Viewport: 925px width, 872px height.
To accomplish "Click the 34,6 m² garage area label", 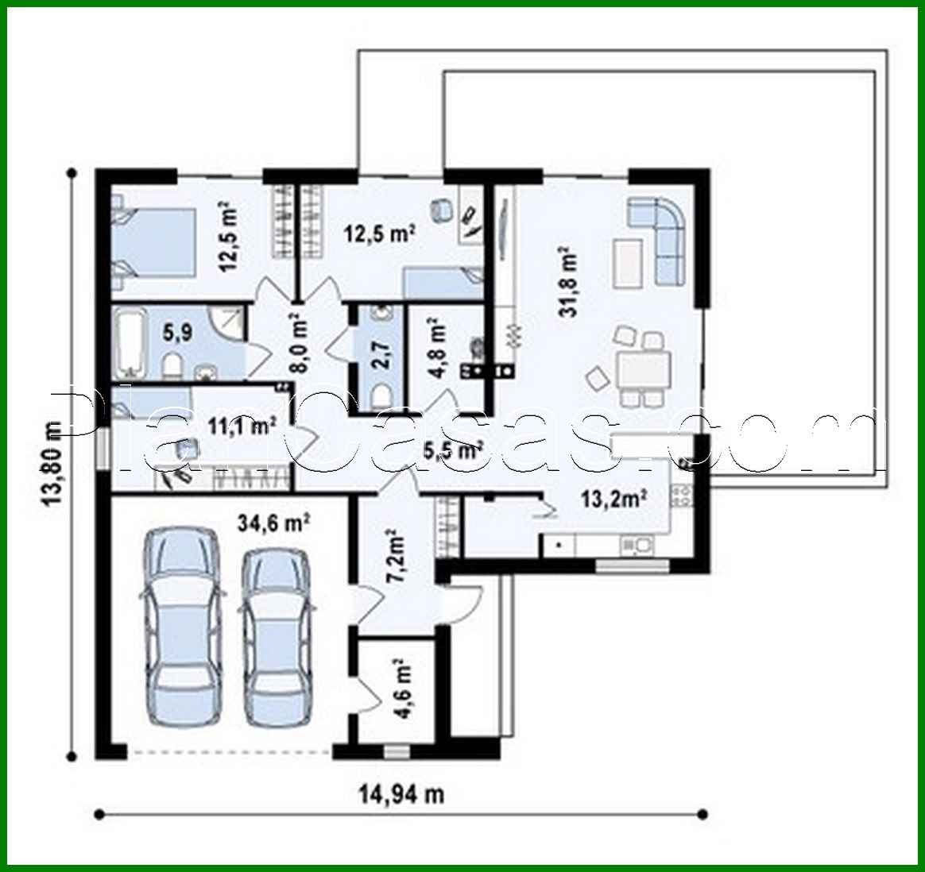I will tap(273, 523).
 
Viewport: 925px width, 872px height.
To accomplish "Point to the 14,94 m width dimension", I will tap(400, 793).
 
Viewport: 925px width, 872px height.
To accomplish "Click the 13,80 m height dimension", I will tap(52, 462).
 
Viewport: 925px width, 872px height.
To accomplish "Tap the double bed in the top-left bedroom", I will tap(155, 241).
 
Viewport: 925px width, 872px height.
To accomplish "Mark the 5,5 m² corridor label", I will tap(454, 451).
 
